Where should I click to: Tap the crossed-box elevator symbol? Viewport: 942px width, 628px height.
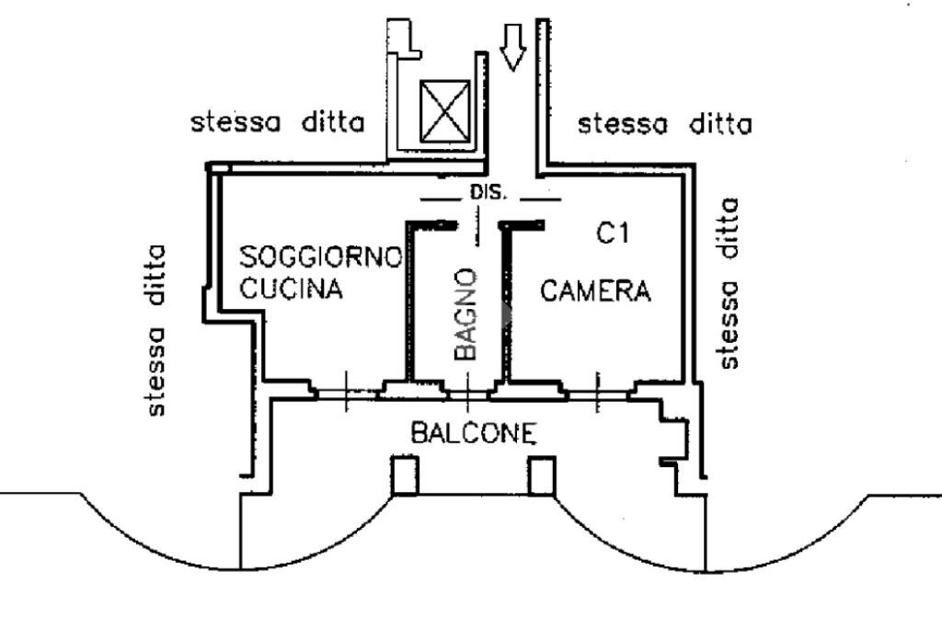(x=444, y=110)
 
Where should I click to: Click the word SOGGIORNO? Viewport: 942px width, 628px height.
(x=320, y=257)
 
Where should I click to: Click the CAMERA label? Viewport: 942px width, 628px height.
(x=595, y=291)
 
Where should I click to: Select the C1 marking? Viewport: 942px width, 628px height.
(x=612, y=234)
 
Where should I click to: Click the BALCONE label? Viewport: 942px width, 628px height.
(x=473, y=432)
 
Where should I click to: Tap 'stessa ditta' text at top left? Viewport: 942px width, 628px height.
(x=277, y=122)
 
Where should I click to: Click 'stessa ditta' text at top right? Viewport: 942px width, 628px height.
(x=664, y=123)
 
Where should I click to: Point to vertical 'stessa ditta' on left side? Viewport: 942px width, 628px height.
(x=157, y=329)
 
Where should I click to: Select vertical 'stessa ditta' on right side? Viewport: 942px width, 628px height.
(x=729, y=283)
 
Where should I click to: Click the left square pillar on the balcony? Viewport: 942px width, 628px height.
(x=406, y=475)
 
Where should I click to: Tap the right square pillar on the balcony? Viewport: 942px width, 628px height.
(x=542, y=475)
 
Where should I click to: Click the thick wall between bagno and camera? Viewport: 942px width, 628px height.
(x=505, y=303)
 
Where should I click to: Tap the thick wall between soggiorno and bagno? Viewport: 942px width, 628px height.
(x=407, y=303)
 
